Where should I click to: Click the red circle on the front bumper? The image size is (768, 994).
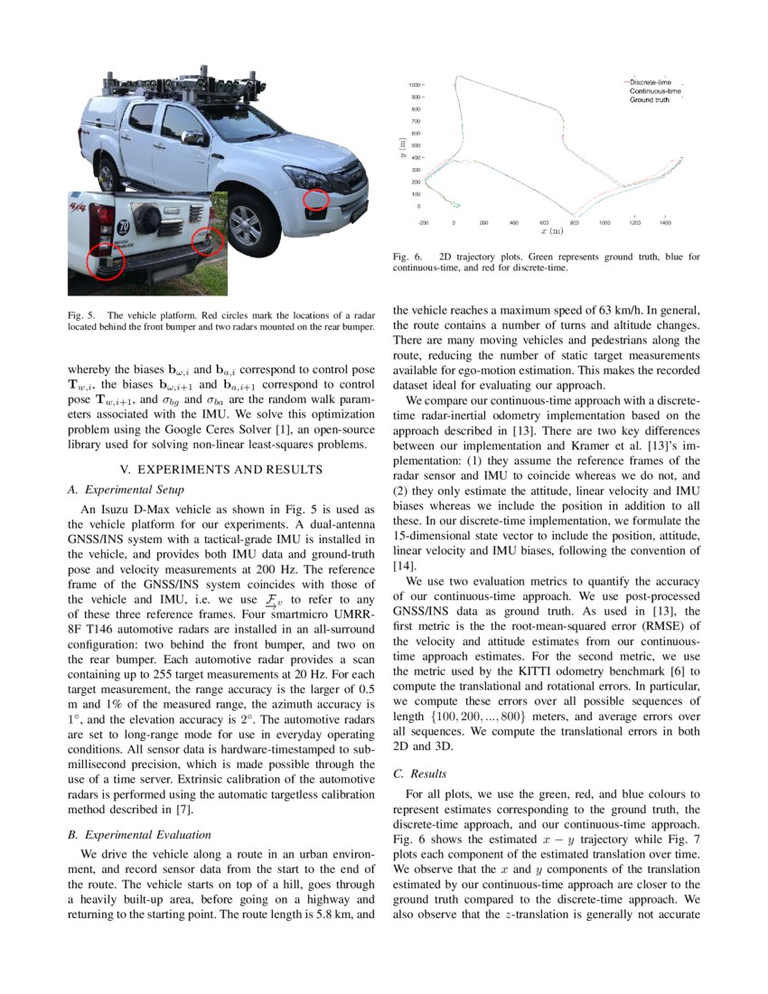[316, 200]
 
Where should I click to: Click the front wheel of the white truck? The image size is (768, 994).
[246, 225]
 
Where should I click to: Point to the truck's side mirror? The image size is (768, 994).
[192, 138]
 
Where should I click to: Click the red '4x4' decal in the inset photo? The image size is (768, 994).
[79, 208]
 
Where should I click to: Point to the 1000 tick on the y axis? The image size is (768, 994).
[417, 84]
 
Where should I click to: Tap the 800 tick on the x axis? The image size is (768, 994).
[573, 221]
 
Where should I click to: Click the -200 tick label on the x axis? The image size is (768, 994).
[423, 221]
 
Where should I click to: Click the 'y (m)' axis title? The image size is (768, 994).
[401, 145]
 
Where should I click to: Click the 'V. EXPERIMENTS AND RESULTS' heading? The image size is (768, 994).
[220, 469]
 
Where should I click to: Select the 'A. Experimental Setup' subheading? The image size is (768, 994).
[126, 490]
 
